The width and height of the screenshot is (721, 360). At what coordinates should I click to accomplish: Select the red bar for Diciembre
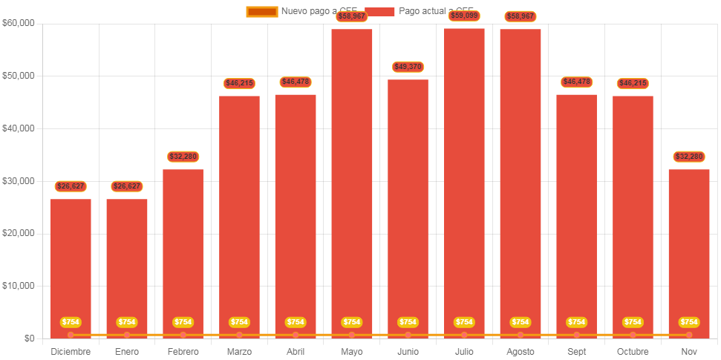[x=71, y=267]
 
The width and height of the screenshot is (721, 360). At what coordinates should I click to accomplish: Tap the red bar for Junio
[x=408, y=208]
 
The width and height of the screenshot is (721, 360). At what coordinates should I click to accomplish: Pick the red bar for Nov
[x=689, y=252]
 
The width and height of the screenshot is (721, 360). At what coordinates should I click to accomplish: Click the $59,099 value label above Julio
[x=464, y=16]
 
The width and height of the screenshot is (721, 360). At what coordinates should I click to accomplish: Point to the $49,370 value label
[x=408, y=67]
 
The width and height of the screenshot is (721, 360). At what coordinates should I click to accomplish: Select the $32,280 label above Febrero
[x=183, y=157]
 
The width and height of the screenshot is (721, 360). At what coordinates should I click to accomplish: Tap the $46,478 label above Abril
[x=296, y=82]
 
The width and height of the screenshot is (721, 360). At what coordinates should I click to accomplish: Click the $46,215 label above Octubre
[x=633, y=83]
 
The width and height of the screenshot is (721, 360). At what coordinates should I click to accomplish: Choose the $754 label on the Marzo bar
[x=239, y=322]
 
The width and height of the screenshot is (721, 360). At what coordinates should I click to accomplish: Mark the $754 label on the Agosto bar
[x=521, y=322]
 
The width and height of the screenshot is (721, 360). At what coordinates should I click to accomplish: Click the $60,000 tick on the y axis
[x=19, y=23]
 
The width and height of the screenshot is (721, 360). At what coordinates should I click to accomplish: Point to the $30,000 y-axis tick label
[x=19, y=181]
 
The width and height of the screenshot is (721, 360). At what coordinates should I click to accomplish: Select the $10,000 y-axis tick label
[x=19, y=286]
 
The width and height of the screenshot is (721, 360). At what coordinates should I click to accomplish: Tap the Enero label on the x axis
[x=127, y=352]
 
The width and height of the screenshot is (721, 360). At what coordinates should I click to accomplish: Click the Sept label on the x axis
[x=576, y=352]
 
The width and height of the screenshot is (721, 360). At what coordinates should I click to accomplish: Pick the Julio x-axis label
[x=464, y=352]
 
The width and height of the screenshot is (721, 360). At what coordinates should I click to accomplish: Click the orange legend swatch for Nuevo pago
[x=261, y=11]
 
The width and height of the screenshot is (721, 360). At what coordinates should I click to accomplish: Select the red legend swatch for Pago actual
[x=379, y=11]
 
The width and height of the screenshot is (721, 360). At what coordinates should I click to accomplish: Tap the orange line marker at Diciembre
[x=71, y=336]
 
